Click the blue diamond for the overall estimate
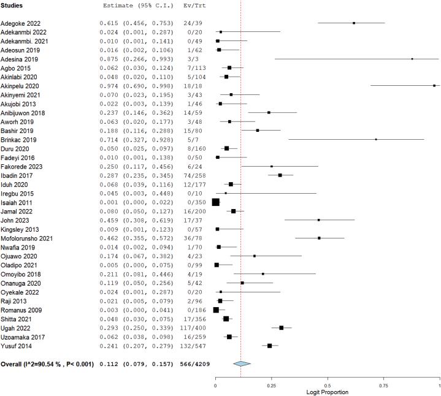pyautogui.click(x=242, y=364)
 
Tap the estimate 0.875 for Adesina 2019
pyautogui.click(x=110, y=58)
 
